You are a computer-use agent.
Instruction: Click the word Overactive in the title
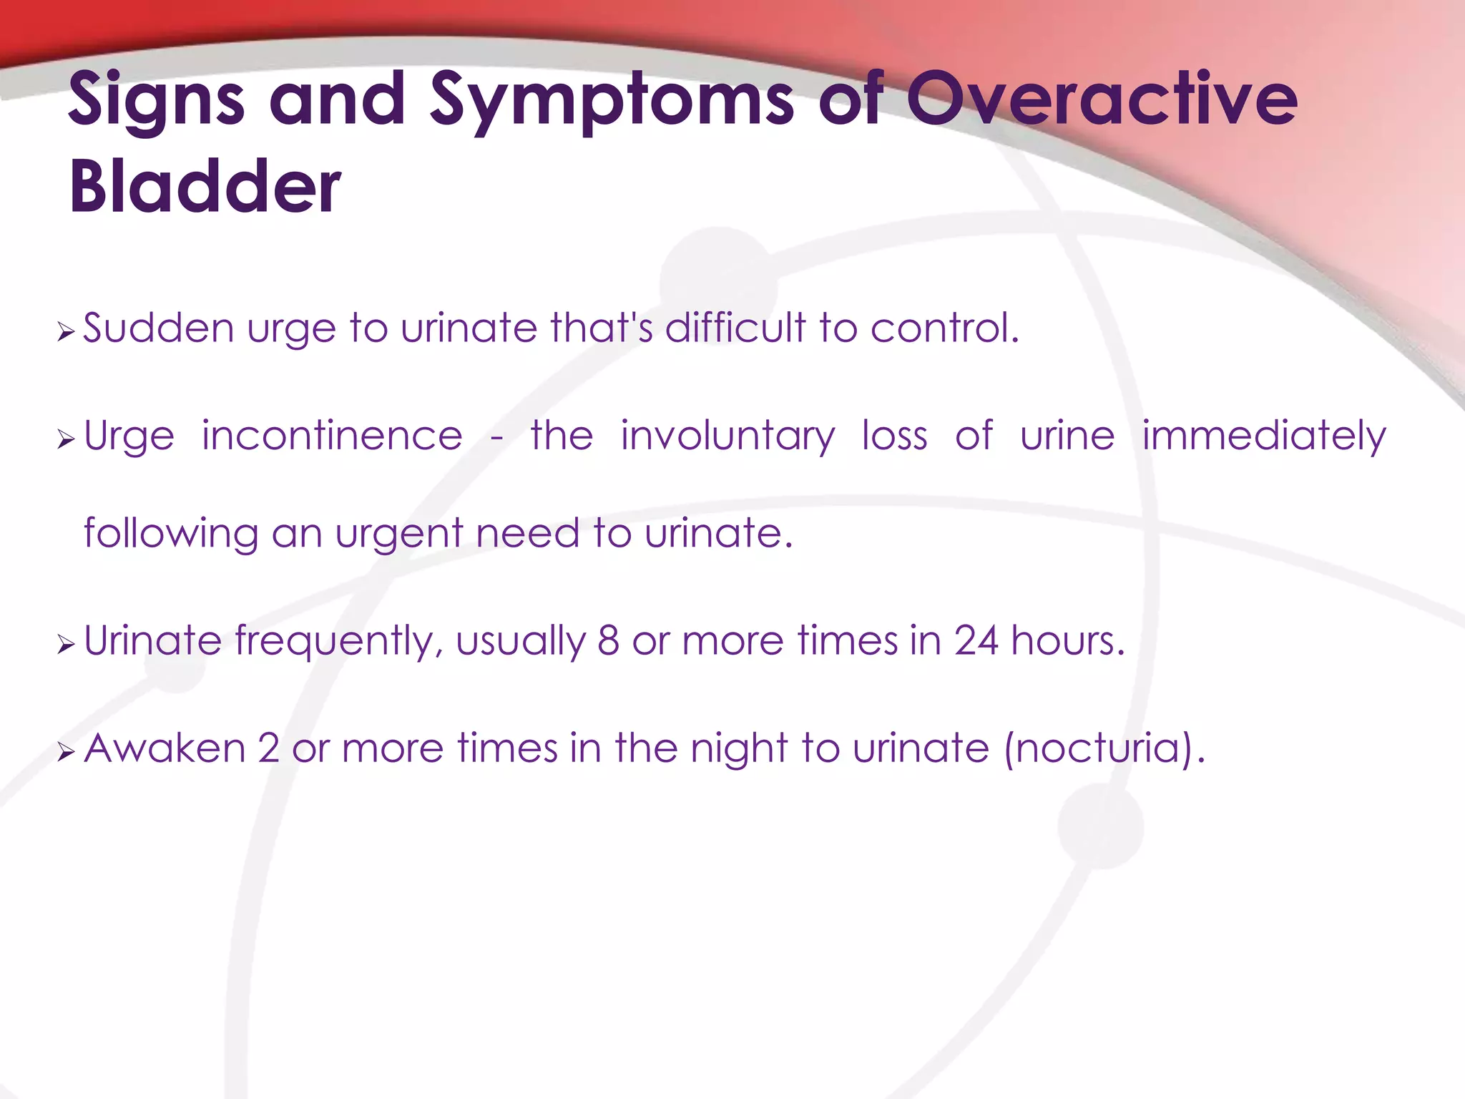pos(1102,100)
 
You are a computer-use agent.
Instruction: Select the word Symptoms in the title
pos(612,102)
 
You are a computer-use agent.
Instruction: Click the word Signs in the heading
pos(157,102)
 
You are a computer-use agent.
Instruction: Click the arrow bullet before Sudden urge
pos(66,332)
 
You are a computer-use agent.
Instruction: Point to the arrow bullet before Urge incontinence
pos(66,439)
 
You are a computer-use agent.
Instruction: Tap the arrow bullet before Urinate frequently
pos(66,645)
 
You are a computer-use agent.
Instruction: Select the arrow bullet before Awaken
pos(66,752)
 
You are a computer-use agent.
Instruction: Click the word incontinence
pos(332,436)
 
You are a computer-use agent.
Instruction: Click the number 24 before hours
pos(975,640)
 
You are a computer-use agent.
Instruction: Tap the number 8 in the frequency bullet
pos(608,640)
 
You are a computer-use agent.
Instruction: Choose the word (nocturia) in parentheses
pos(1105,748)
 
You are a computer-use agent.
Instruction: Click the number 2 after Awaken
pos(268,748)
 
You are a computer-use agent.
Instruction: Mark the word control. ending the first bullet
pos(944,328)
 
